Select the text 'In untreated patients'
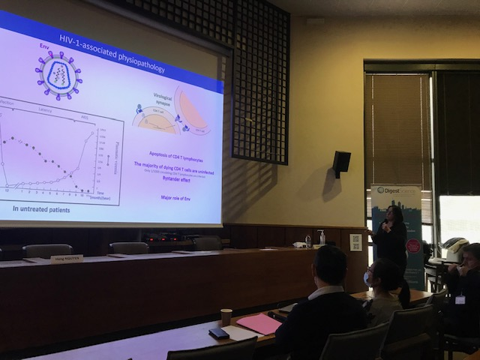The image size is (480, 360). tap(41, 209)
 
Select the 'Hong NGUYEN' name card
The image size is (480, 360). tap(67, 259)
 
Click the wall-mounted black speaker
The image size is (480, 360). tap(341, 163)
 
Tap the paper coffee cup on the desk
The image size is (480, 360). tap(226, 316)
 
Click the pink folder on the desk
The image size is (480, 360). tap(259, 323)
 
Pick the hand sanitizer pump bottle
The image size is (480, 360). tap(321, 238)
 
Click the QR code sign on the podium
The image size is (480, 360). tap(355, 242)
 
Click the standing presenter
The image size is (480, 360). tap(391, 238)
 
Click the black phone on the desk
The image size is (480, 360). tap(219, 333)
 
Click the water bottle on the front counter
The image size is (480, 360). tap(308, 241)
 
